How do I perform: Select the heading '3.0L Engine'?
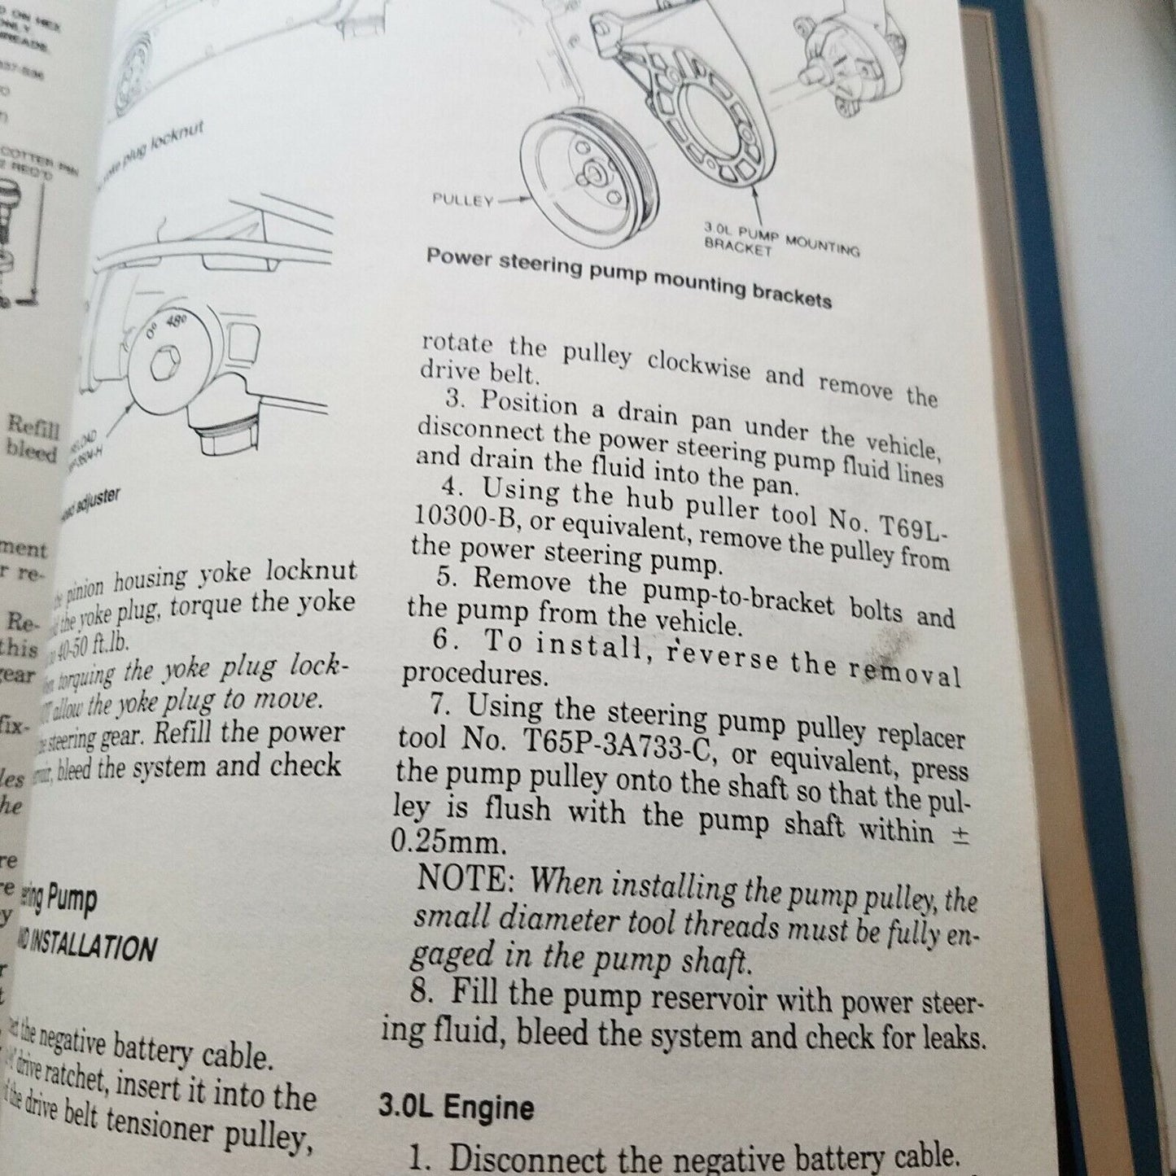456,1108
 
